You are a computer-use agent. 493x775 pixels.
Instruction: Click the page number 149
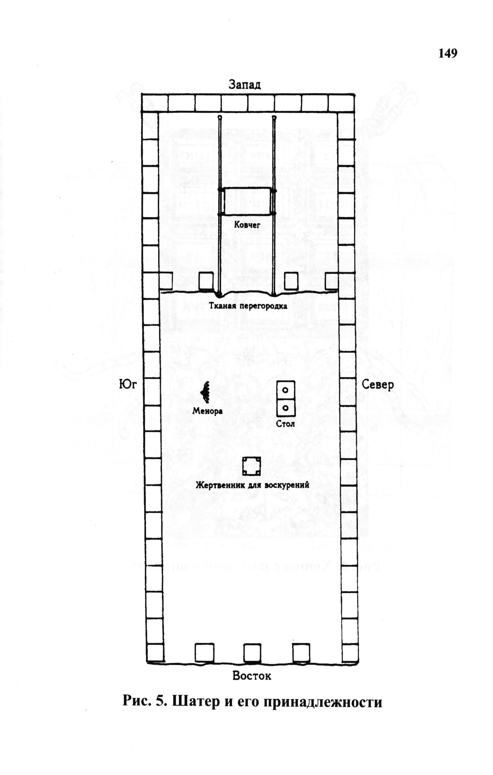pos(448,53)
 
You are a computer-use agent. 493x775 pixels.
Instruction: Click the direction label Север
pos(378,385)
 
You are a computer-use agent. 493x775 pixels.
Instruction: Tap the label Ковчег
pos(247,225)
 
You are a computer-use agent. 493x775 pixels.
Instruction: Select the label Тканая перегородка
pos(248,306)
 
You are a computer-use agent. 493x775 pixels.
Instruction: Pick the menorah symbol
pos(205,392)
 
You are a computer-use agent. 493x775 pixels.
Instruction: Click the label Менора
pos(207,411)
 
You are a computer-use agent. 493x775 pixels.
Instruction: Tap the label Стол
pos(285,424)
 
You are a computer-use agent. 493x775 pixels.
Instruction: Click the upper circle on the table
pos(285,390)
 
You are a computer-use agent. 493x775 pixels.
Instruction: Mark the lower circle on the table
pos(285,408)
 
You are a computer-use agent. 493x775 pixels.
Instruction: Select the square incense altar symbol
pos(251,466)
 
